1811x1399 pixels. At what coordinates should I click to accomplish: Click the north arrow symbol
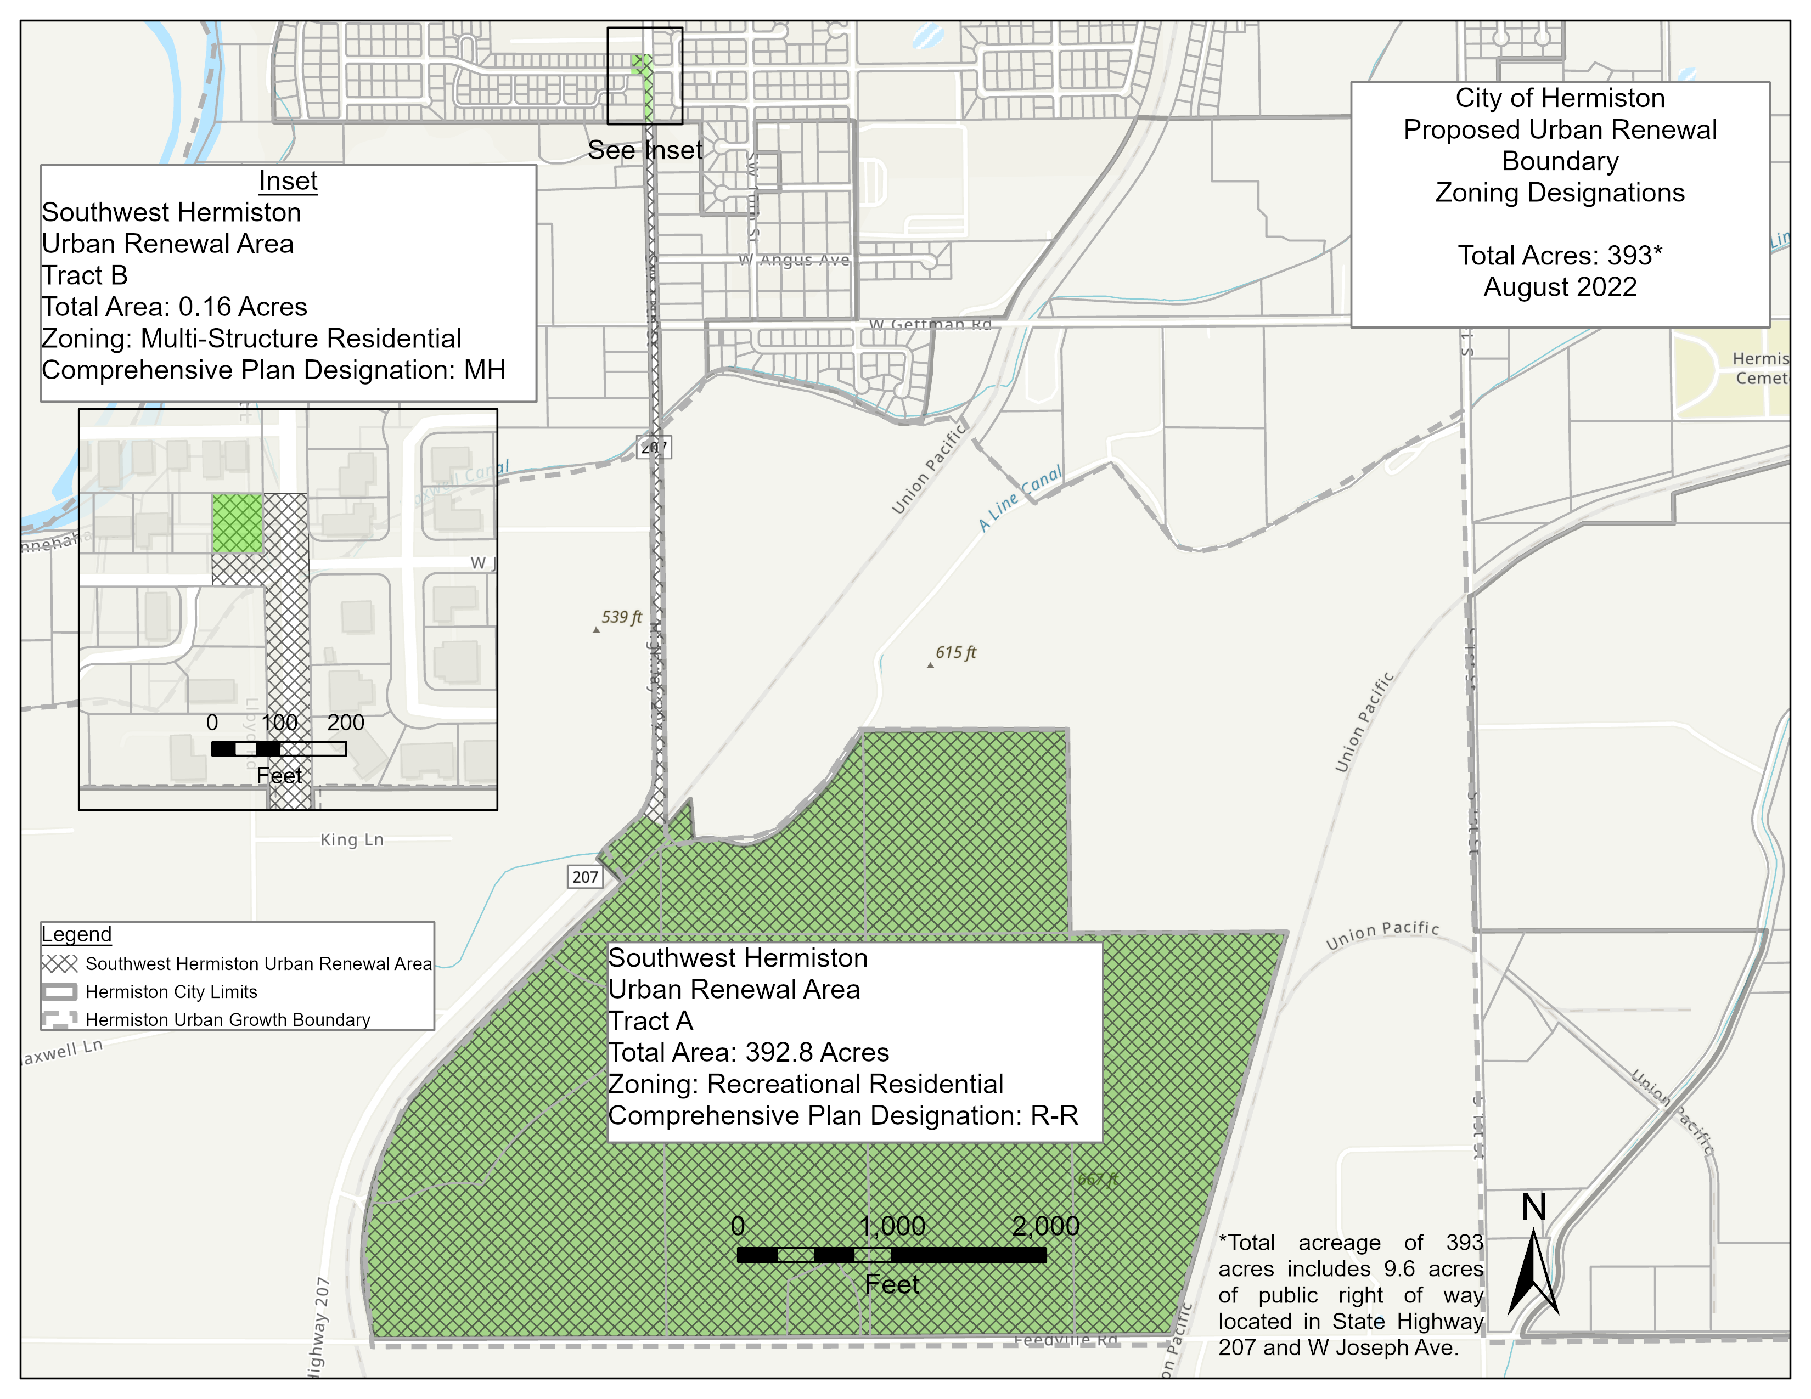pos(1533,1268)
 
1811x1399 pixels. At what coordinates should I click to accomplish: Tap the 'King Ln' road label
pos(352,839)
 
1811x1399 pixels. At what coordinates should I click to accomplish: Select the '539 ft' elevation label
pos(621,617)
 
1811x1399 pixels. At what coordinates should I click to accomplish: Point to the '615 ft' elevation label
pos(955,652)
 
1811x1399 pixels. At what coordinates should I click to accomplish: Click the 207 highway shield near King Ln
pos(584,877)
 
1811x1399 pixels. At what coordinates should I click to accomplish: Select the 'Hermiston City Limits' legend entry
pos(171,992)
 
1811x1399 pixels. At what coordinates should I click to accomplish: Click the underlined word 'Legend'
pos(76,934)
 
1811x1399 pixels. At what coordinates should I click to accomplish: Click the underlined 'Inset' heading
pos(288,180)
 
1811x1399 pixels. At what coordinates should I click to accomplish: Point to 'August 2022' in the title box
pos(1559,287)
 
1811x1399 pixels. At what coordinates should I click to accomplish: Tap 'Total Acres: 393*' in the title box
pos(1559,255)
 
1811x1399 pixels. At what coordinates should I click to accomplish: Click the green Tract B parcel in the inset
pos(237,523)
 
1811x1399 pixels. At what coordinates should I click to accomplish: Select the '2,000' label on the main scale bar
pos(1045,1226)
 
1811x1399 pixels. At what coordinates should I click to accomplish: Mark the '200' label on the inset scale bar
pos(345,723)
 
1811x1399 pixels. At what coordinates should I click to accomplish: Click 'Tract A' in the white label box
pos(650,1021)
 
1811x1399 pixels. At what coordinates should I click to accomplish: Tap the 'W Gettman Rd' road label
pos(930,324)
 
